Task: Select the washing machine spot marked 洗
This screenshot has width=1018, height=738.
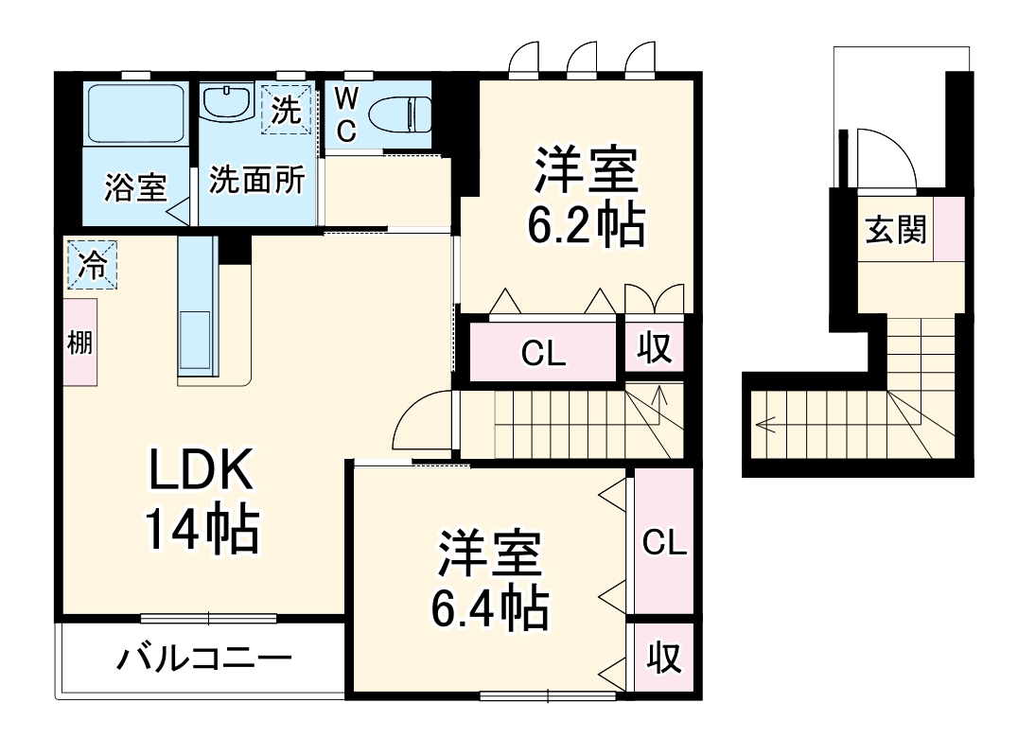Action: [286, 110]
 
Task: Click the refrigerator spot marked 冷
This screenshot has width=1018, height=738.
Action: [92, 264]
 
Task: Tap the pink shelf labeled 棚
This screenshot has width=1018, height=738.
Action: [80, 342]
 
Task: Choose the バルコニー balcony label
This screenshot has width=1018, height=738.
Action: [203, 658]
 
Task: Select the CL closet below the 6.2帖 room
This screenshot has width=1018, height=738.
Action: [543, 353]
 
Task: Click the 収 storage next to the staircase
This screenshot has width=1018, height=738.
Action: [654, 348]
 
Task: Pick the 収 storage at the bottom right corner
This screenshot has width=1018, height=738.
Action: [663, 658]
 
